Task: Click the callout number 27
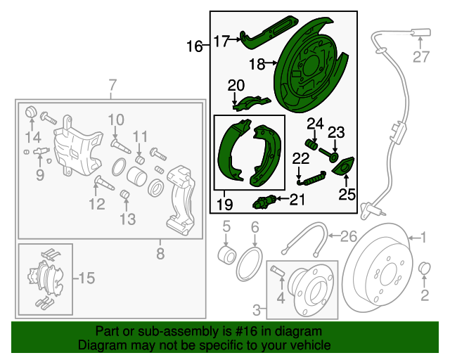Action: pos(420,57)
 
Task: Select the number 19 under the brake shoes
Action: pos(224,205)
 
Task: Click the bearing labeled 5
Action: pos(227,252)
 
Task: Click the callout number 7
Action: pos(111,86)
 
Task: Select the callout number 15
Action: pos(86,278)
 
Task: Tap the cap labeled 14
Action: pos(31,112)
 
